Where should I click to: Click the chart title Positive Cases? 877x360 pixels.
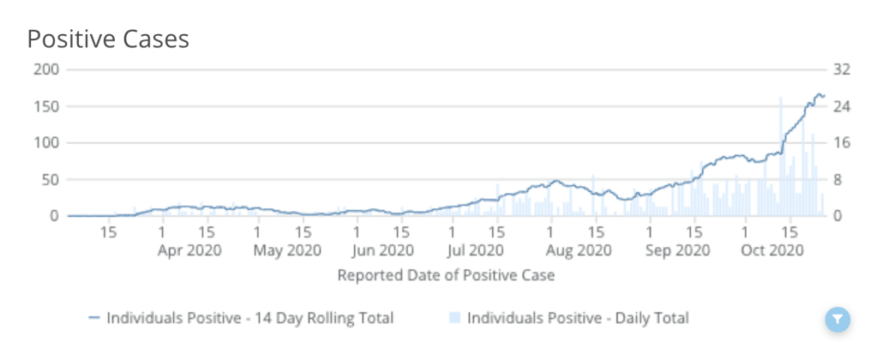[108, 39]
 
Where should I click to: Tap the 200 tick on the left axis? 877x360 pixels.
[45, 69]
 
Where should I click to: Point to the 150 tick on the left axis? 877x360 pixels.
[45, 106]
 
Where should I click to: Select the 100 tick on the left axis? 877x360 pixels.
[45, 143]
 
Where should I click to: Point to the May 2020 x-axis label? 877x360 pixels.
[287, 250]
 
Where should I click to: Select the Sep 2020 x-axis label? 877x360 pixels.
[677, 250]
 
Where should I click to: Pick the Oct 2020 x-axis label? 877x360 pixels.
[772, 250]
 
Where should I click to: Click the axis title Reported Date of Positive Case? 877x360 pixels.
[446, 275]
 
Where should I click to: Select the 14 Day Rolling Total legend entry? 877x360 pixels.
[241, 318]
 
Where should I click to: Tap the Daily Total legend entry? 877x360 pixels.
[568, 318]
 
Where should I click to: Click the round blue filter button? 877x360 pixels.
[838, 320]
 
